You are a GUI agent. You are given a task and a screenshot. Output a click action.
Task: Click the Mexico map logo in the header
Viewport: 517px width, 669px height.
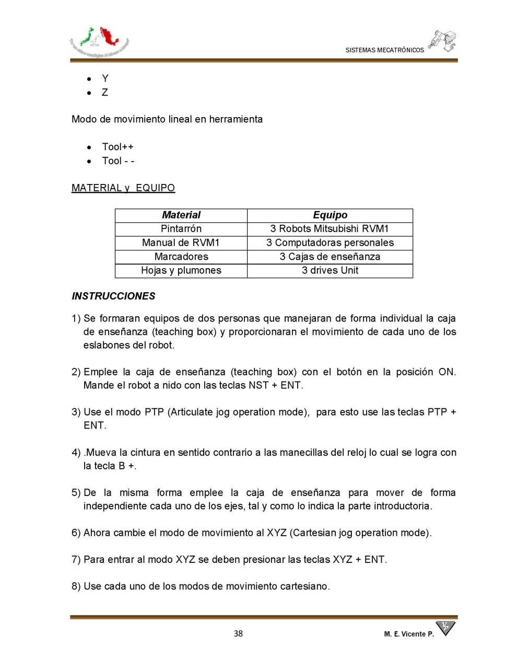(x=99, y=41)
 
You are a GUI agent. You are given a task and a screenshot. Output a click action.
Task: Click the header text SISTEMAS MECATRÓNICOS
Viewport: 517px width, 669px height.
(x=384, y=50)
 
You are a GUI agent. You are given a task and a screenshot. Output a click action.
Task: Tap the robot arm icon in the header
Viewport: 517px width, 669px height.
(x=443, y=41)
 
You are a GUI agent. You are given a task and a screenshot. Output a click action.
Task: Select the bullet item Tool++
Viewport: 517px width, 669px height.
(x=118, y=147)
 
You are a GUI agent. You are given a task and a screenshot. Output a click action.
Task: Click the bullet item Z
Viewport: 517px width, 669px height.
(x=105, y=93)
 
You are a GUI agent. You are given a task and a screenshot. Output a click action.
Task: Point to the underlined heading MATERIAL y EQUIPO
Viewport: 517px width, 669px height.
(x=123, y=188)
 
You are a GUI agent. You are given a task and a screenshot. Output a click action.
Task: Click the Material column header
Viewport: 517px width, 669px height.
(x=181, y=215)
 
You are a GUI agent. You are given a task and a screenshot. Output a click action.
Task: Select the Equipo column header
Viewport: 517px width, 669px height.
(x=330, y=215)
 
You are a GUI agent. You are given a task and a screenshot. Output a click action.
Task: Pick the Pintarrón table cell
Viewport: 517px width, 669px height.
(x=181, y=229)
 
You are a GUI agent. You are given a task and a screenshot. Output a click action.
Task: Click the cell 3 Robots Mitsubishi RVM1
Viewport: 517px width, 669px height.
(x=330, y=229)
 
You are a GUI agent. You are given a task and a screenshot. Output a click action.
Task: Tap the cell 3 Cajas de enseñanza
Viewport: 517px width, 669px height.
(x=330, y=257)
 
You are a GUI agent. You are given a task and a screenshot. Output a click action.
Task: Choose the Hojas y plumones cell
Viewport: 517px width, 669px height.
(x=181, y=270)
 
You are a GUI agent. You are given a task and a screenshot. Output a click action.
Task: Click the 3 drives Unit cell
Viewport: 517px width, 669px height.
(x=330, y=270)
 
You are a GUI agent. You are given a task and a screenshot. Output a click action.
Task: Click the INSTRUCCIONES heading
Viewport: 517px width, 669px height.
(x=113, y=296)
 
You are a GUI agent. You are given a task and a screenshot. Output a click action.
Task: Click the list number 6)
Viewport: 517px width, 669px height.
(x=76, y=533)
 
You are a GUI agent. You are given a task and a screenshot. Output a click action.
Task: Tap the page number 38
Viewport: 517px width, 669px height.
(x=238, y=633)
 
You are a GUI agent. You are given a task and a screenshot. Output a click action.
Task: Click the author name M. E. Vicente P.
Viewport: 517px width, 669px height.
(x=408, y=634)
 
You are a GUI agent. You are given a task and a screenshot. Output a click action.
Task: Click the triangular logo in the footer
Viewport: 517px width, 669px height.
(x=445, y=628)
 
